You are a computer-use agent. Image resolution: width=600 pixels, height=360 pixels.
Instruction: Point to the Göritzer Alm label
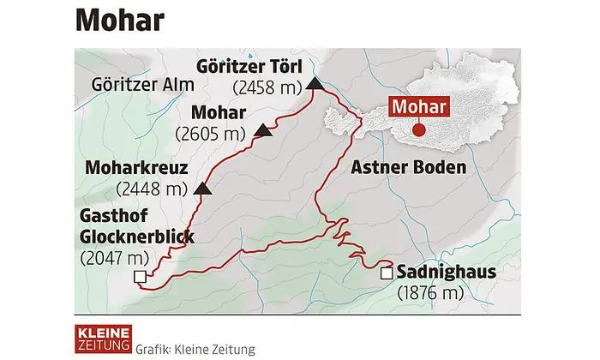click(142, 84)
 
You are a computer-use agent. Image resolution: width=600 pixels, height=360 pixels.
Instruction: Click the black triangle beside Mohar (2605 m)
click(263, 132)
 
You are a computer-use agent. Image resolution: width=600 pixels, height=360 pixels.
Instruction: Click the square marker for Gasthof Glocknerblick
click(140, 276)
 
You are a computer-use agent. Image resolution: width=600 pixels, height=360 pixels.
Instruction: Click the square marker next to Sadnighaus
click(387, 273)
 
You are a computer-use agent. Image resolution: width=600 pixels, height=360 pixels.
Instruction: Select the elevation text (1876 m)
click(431, 293)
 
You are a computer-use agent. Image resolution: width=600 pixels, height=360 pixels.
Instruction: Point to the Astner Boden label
click(407, 167)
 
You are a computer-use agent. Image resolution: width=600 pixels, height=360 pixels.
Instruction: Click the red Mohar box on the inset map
click(420, 106)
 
